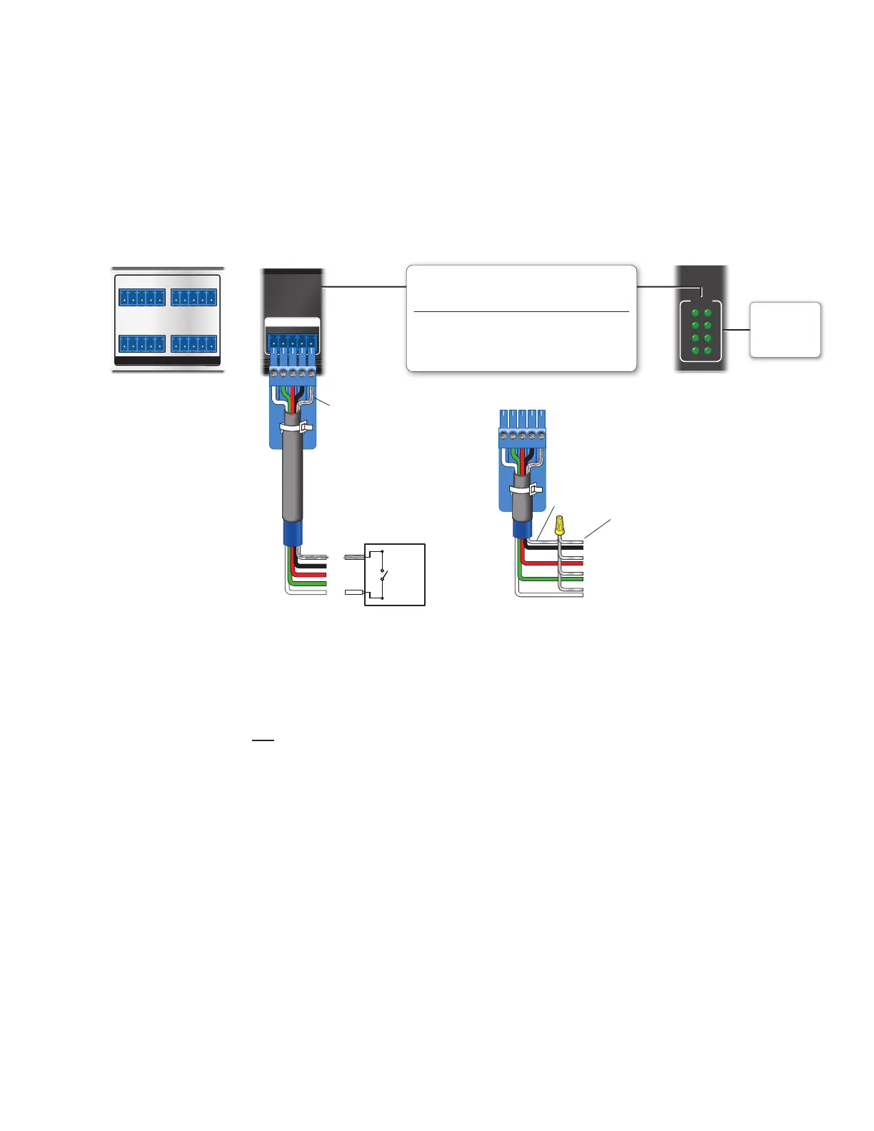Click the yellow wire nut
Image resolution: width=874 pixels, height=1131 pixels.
click(561, 526)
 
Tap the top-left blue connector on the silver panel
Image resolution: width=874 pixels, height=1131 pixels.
click(142, 296)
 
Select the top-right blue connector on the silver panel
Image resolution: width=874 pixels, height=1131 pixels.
click(194, 296)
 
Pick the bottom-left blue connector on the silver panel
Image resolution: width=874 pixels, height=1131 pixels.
click(142, 343)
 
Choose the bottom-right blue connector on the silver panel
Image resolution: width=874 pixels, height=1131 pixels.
click(194, 343)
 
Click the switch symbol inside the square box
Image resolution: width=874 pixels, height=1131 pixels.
click(385, 574)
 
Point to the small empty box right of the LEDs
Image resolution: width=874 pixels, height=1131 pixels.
click(785, 329)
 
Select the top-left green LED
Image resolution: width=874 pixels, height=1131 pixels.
click(695, 313)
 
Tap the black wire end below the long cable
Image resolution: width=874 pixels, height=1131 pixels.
click(314, 565)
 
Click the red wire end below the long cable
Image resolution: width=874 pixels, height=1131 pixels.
click(314, 574)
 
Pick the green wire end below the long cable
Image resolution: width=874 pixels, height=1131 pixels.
click(314, 583)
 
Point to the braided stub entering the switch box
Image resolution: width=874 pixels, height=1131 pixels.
click(354, 556)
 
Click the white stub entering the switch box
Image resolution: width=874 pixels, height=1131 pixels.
click(354, 593)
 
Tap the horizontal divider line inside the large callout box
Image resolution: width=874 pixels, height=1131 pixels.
click(521, 312)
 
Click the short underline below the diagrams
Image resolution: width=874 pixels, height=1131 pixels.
click(263, 740)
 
